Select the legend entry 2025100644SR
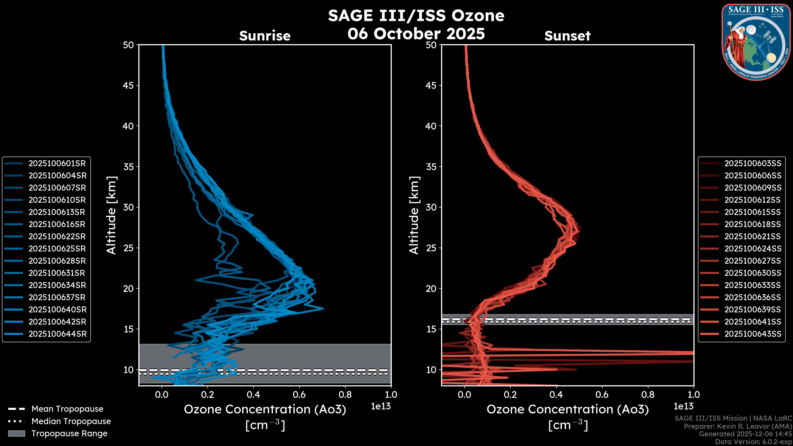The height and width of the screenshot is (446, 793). click(58, 334)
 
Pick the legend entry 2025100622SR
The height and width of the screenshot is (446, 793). click(57, 236)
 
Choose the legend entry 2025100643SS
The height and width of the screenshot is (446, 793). click(753, 334)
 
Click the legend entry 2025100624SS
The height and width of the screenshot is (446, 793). click(753, 249)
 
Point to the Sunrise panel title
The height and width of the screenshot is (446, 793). click(265, 36)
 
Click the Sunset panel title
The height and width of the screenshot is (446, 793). click(567, 36)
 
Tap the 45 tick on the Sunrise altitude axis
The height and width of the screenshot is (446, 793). click(128, 85)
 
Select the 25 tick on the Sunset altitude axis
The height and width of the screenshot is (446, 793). click(431, 248)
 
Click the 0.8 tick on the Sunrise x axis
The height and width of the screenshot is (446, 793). click(345, 395)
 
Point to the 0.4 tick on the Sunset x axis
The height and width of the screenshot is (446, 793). click(556, 395)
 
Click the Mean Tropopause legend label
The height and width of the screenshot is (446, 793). click(67, 409)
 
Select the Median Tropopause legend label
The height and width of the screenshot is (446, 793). click(71, 421)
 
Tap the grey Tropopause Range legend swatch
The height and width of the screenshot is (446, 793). click(16, 434)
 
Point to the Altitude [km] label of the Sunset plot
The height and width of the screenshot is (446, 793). click(414, 215)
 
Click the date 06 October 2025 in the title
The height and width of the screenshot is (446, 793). click(416, 34)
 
